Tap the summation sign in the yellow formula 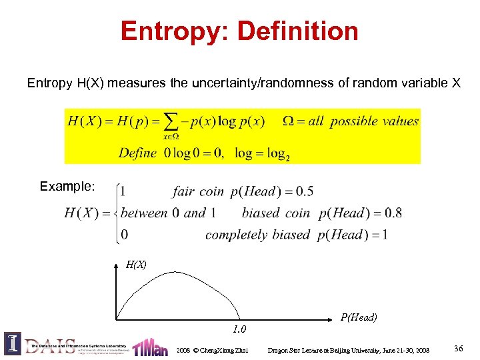[171, 121]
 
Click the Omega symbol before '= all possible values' [289, 121]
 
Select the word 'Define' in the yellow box [138, 153]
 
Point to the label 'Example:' [67, 186]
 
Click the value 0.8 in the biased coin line [391, 213]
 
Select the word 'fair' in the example [183, 192]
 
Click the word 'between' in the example [144, 213]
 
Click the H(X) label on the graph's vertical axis [136, 265]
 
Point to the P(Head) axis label [359, 317]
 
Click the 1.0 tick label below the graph [239, 329]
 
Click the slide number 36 [458, 349]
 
